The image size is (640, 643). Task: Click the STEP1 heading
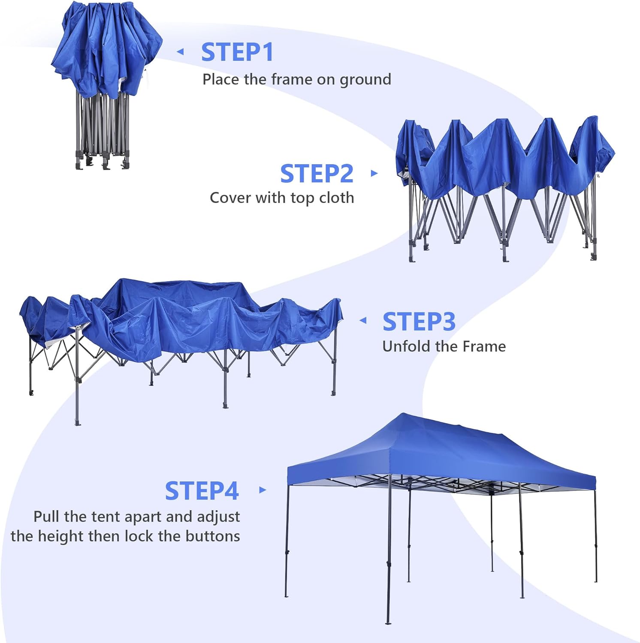(x=237, y=52)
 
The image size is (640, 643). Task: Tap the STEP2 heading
(x=317, y=174)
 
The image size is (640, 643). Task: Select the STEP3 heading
(x=419, y=321)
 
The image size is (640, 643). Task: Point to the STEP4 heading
(x=202, y=491)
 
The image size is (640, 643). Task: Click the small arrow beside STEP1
(x=181, y=52)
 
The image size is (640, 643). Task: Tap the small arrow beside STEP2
(x=374, y=173)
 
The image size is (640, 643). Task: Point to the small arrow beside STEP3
(x=363, y=320)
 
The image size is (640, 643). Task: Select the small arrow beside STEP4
(x=263, y=490)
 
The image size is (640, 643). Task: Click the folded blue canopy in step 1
(x=105, y=47)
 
